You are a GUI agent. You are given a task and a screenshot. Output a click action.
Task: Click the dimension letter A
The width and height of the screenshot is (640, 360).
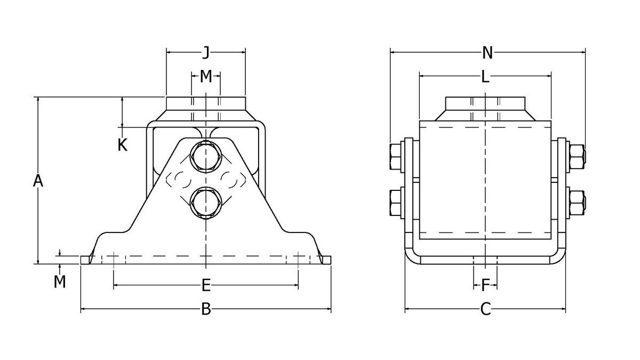point(37,181)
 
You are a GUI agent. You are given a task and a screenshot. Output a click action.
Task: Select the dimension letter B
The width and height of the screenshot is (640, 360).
point(206,309)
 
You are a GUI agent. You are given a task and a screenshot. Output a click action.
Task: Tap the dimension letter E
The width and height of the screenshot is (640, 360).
point(206,286)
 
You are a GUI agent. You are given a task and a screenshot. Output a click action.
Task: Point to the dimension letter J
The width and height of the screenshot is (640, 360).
point(206,52)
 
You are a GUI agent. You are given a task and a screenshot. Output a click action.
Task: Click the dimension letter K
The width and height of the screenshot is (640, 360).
point(123,145)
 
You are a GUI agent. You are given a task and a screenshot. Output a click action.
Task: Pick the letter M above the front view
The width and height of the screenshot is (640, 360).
point(206,76)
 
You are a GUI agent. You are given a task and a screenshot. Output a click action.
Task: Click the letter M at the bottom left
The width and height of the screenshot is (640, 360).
point(60,281)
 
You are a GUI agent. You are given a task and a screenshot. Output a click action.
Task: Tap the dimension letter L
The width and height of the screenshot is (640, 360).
point(485,77)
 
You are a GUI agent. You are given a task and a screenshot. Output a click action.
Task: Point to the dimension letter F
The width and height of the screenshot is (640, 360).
point(485,286)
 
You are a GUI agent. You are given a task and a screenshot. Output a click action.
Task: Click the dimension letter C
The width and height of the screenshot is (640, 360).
point(485,309)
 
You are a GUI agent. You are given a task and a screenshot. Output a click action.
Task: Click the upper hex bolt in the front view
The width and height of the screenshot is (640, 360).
point(206,156)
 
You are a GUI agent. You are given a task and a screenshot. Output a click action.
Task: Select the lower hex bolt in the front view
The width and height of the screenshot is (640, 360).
point(206,203)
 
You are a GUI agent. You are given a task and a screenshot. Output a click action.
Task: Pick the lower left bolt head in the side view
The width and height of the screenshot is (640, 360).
point(395,203)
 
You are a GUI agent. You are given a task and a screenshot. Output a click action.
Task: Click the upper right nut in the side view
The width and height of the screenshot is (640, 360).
point(577,157)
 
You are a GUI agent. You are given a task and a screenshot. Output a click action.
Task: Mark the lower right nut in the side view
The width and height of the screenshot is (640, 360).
point(577,203)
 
